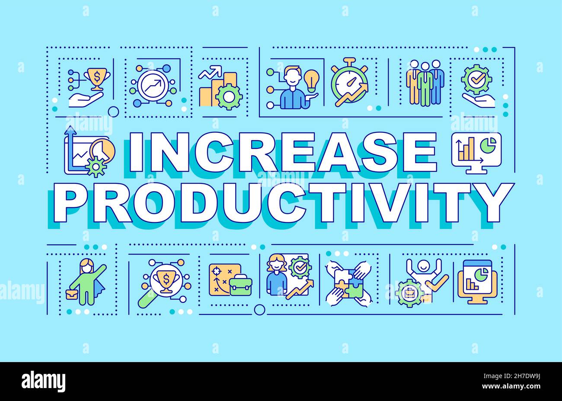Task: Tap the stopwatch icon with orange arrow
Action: coord(349,83)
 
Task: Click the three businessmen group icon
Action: coord(425,82)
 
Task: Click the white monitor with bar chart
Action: coord(476,151)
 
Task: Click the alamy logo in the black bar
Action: coord(44,381)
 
